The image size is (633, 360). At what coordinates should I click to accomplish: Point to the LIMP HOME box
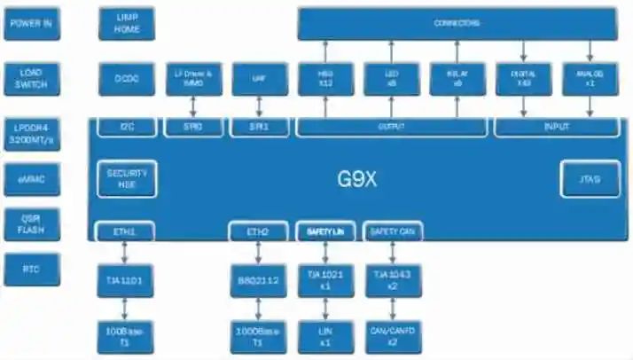(x=127, y=23)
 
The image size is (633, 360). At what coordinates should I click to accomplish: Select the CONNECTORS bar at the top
(x=457, y=23)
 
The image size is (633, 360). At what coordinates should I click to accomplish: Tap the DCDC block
(x=127, y=78)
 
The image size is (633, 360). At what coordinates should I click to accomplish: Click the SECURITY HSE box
(x=127, y=178)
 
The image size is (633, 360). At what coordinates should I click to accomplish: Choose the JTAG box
(x=590, y=179)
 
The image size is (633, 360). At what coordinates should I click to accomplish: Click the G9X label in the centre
(x=357, y=178)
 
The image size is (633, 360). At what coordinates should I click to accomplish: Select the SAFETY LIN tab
(x=324, y=231)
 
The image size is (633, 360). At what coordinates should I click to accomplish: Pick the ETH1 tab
(x=124, y=231)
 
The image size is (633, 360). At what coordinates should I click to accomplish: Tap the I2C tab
(x=127, y=128)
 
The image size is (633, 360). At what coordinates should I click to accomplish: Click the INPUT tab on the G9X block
(x=556, y=128)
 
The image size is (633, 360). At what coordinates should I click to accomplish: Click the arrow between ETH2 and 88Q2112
(x=259, y=253)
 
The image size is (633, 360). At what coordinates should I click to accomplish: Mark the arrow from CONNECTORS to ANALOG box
(x=590, y=51)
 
